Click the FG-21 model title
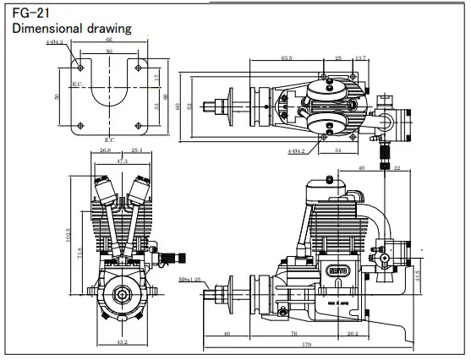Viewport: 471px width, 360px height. click(28, 13)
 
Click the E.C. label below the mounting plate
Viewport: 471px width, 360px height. click(108, 139)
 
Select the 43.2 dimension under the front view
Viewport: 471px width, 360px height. click(121, 342)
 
